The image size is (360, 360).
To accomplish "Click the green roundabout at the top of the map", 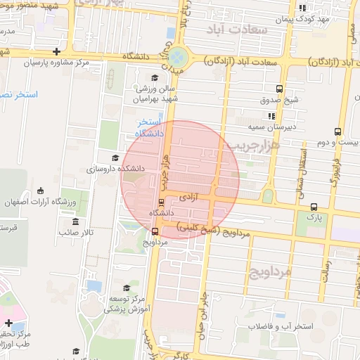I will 179,56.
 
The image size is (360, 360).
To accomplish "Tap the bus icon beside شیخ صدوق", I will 280,89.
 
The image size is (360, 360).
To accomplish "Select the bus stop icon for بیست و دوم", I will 338,131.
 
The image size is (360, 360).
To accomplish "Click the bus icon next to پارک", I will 314,207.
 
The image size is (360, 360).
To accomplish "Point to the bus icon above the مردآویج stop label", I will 155,231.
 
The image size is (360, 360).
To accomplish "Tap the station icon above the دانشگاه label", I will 162,202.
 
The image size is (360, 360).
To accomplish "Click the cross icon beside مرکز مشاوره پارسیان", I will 56,51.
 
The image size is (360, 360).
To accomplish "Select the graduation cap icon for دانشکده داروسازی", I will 115,157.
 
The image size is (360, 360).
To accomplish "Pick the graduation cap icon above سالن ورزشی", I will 155,77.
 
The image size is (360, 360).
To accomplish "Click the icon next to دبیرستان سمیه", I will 271,115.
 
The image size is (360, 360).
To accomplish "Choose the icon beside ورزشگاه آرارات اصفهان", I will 40,191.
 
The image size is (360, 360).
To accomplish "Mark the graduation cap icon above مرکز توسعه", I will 127,288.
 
